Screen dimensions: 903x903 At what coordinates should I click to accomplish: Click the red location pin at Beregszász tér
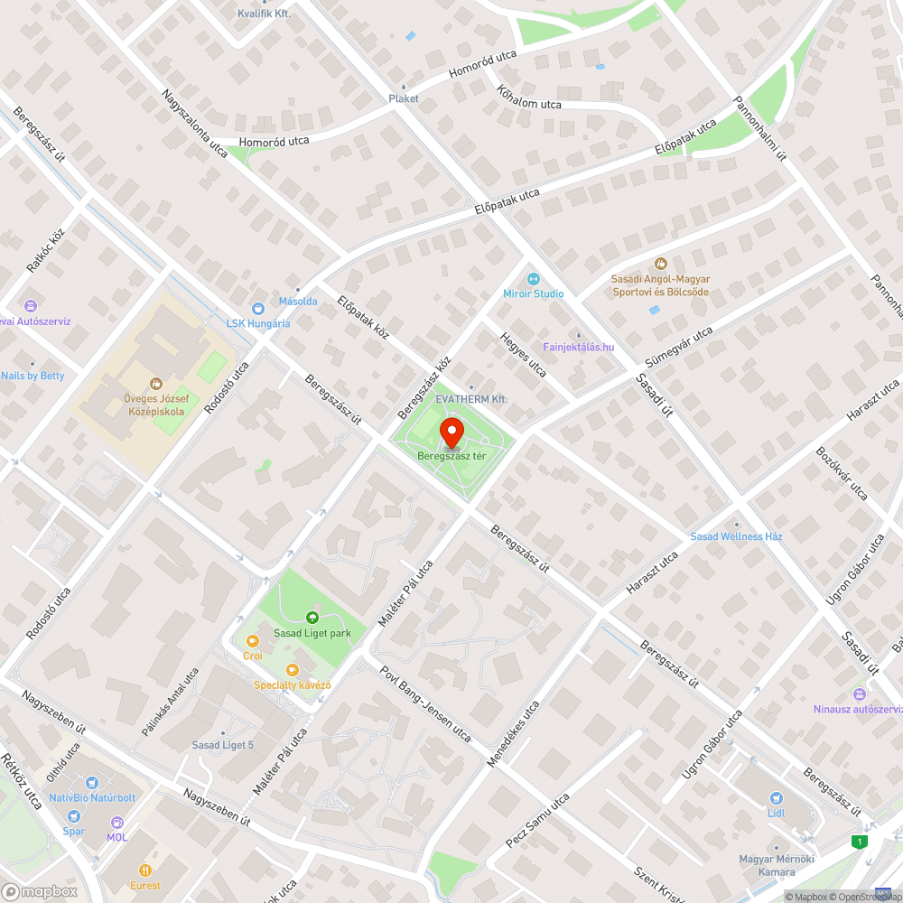[451, 433]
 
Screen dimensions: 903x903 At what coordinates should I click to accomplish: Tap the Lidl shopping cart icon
[776, 798]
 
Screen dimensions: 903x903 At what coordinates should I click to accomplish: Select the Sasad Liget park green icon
[312, 618]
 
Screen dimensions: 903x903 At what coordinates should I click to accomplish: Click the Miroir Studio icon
[533, 279]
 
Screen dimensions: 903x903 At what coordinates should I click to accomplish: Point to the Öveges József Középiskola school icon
[154, 384]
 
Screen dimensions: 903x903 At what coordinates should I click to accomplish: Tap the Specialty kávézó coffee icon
[292, 669]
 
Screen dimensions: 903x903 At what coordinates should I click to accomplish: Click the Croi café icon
[252, 640]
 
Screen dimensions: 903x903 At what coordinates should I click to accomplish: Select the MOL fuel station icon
[117, 822]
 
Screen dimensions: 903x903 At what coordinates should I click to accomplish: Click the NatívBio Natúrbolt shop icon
[91, 783]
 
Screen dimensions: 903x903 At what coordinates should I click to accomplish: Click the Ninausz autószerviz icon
[858, 694]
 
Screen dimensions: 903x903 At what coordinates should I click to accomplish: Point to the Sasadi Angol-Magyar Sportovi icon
[660, 264]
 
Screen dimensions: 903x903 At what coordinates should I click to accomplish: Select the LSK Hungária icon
[257, 308]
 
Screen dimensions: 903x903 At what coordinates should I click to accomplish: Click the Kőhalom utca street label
[528, 98]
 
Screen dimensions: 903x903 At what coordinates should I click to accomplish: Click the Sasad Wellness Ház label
[736, 536]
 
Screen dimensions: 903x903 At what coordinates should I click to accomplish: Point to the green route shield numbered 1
[861, 842]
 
